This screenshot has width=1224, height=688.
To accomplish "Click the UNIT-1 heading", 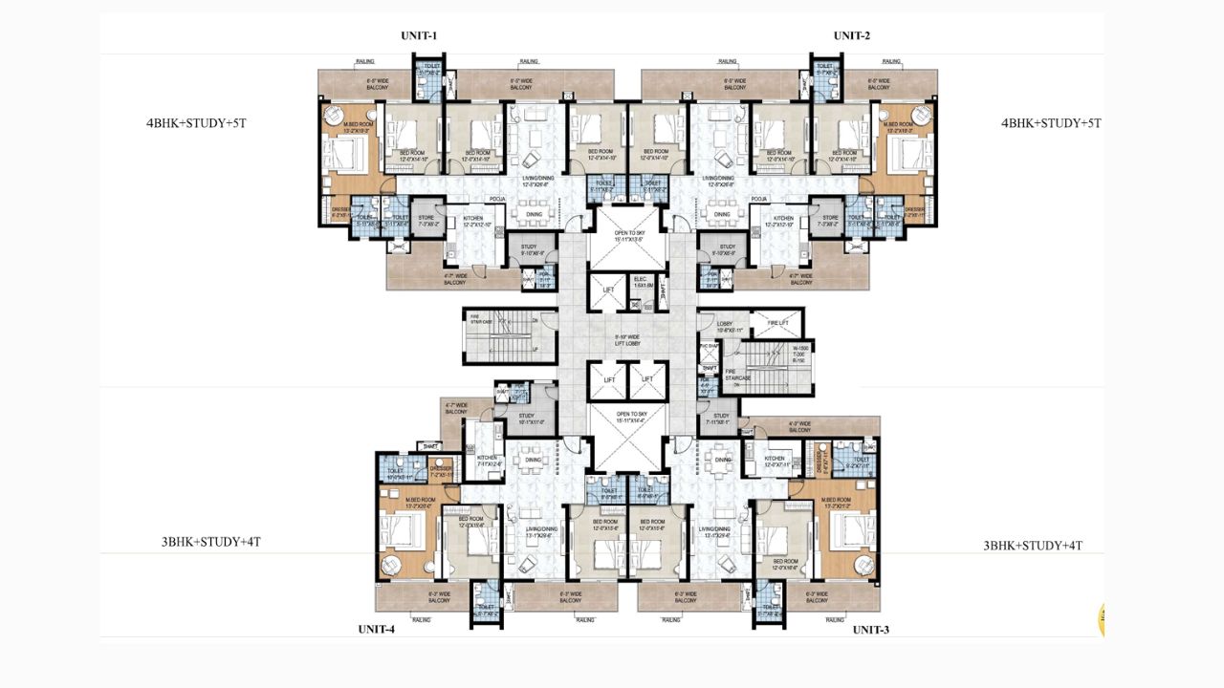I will coord(419,36).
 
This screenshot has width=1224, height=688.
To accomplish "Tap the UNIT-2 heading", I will coord(852,36).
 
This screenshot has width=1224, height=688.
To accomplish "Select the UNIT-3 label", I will coord(871,630).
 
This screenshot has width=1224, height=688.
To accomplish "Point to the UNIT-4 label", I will coord(377,629).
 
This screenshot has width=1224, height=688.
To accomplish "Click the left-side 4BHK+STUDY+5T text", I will coord(196,123).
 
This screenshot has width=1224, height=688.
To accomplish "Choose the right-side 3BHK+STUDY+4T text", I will coord(1033,546).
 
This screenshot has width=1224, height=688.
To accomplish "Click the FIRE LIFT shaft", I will coord(777,324).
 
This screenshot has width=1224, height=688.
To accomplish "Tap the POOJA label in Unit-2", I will coord(760,200).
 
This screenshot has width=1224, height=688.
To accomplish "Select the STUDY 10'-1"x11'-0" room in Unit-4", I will coord(526,418).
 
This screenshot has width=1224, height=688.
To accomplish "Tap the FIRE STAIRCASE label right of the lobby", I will coord(735,374).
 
